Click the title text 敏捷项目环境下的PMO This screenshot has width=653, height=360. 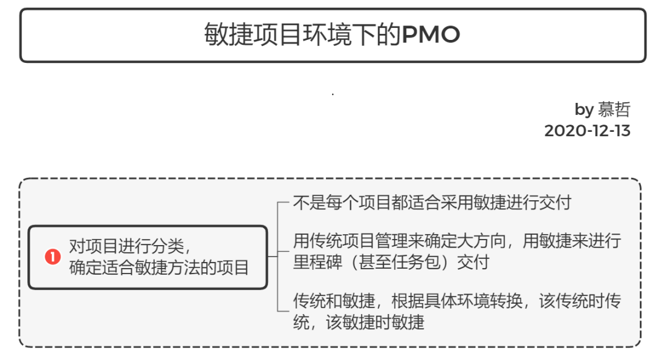pos(332,35)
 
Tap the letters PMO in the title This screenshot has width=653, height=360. pos(430,35)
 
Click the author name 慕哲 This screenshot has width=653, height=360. pos(614,110)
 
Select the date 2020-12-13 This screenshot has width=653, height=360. pos(587,131)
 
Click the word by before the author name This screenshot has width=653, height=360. pos(583,110)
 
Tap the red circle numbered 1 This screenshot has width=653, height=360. pos(53,257)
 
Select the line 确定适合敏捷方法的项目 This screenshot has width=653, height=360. pos(159,267)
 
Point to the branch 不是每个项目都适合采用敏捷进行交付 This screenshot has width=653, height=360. pos(432,202)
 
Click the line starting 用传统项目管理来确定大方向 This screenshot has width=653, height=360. pos(456,241)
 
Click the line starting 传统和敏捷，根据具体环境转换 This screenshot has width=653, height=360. pos(456,301)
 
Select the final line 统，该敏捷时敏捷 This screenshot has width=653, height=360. pos(359,322)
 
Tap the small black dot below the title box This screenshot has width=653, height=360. pos(333,94)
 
